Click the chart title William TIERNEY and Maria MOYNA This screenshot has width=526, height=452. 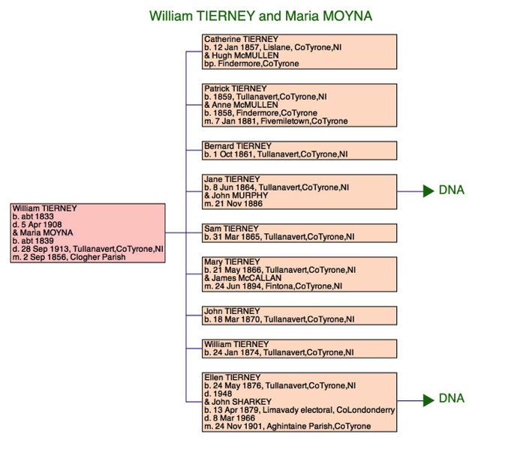260,16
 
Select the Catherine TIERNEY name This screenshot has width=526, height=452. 241,39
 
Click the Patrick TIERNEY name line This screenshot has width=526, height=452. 236,88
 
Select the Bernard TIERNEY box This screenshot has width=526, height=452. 299,151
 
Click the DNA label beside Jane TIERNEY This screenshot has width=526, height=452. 452,190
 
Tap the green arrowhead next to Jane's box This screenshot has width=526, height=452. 428,191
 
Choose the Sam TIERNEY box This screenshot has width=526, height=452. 299,233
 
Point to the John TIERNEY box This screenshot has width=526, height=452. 299,316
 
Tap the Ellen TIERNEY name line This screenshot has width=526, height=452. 233,378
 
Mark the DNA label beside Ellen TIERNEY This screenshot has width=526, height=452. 452,398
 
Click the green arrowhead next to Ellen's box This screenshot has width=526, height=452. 428,400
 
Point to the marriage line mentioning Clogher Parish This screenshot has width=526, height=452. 69,257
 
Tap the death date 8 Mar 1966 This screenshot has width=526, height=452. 230,418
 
